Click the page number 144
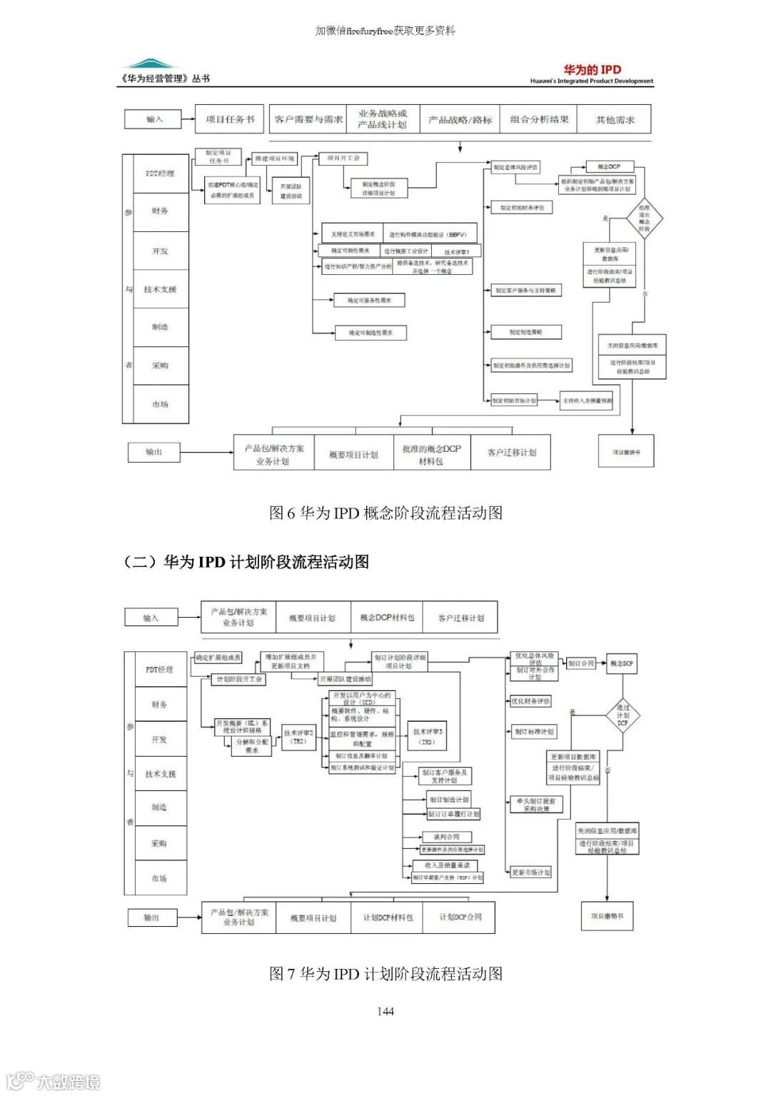[385, 1011]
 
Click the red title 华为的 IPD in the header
[592, 69]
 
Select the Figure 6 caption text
[385, 513]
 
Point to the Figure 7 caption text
[385, 974]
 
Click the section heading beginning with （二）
[246, 562]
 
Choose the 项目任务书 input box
[229, 119]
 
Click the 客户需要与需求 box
[308, 119]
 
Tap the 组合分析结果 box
[539, 119]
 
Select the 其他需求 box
[615, 119]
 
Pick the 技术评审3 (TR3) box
[428, 736]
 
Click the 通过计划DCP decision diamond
[623, 715]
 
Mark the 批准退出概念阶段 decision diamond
[644, 218]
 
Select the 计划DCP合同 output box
[460, 917]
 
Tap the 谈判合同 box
[447, 837]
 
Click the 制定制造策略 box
[526, 332]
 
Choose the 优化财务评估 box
[530, 701]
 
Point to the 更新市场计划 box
[531, 873]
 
